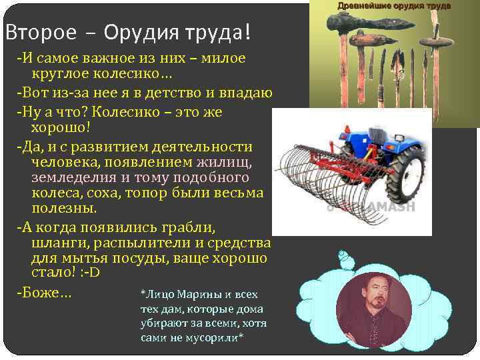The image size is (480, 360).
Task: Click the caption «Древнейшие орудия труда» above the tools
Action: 394,6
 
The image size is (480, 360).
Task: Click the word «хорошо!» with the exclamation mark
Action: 61,126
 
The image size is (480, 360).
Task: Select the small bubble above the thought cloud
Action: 342,255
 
